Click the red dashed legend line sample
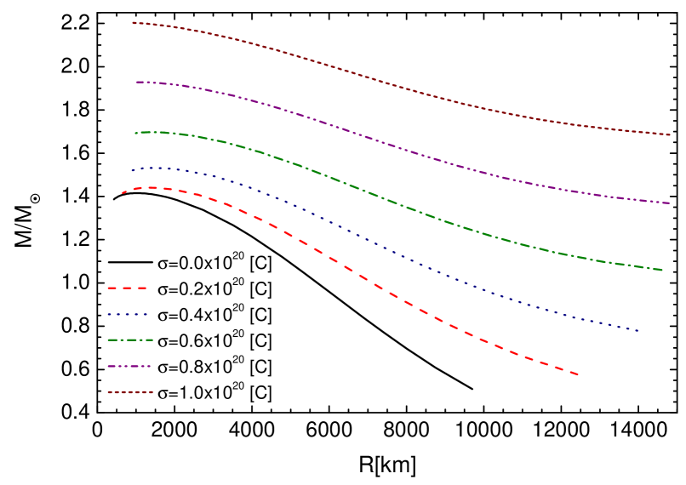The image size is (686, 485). (x=128, y=288)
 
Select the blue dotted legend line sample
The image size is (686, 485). (x=128, y=315)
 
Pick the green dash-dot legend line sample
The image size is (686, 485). (x=130, y=340)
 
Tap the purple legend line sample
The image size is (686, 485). (x=129, y=367)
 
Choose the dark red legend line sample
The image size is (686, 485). (x=130, y=392)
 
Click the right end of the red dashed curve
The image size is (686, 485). (x=578, y=374)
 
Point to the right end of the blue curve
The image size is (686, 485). (x=638, y=330)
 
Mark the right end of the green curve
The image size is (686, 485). (x=662, y=270)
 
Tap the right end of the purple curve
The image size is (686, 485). (x=670, y=203)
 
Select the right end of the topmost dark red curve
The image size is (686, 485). (x=670, y=134)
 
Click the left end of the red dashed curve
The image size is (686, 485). (x=123, y=193)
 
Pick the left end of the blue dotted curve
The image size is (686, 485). (x=132, y=170)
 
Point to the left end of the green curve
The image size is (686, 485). (x=135, y=133)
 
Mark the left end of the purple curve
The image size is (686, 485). (x=137, y=82)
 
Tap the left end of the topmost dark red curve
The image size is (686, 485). (x=133, y=23)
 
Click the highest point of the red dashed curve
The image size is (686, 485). (x=153, y=187)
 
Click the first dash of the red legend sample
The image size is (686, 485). (x=111, y=288)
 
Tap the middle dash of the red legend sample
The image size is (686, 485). (x=128, y=288)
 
